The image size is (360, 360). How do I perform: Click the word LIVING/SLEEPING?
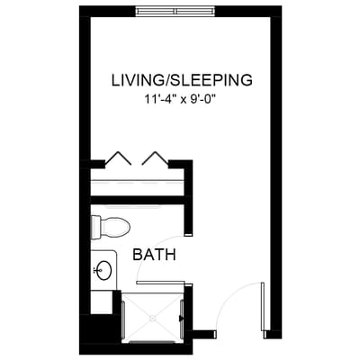point(181,79)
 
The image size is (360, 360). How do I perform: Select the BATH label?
point(154,255)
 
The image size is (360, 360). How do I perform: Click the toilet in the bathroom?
point(112,227)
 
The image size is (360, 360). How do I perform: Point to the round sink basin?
point(103,269)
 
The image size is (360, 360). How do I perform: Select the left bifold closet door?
point(119,158)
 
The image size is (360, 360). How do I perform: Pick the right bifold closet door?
point(155,158)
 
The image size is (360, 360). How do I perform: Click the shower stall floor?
point(150,306)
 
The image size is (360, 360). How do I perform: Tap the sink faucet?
point(94,269)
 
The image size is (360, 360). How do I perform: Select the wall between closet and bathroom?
point(135,201)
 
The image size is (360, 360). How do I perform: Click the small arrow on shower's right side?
point(181,317)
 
